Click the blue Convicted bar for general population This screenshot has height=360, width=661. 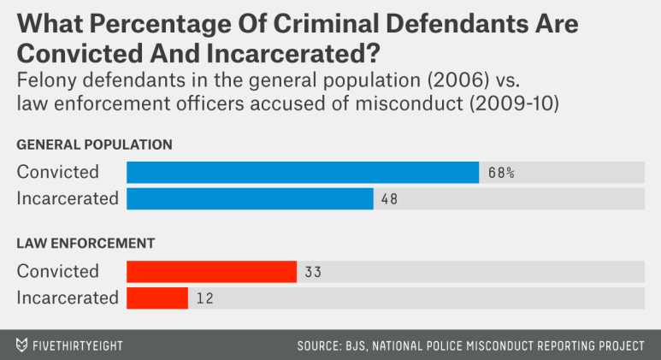coord(303,172)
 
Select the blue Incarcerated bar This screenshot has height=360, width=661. coord(250,198)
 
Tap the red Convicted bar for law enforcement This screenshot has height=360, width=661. coord(211,272)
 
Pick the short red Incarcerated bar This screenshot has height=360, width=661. coord(157,298)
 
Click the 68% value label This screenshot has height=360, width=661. coord(501,173)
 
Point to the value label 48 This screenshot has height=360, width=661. coord(391,199)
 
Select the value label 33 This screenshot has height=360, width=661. coord(313,273)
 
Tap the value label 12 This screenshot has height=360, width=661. coord(205,299)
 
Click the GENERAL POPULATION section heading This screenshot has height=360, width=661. coord(95,145)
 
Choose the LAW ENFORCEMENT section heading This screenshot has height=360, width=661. coord(86,244)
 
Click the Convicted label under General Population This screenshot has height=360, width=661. coord(58,172)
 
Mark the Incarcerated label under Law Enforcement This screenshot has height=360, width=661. coord(68,298)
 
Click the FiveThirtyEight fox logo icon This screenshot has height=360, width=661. coord(21,345)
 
